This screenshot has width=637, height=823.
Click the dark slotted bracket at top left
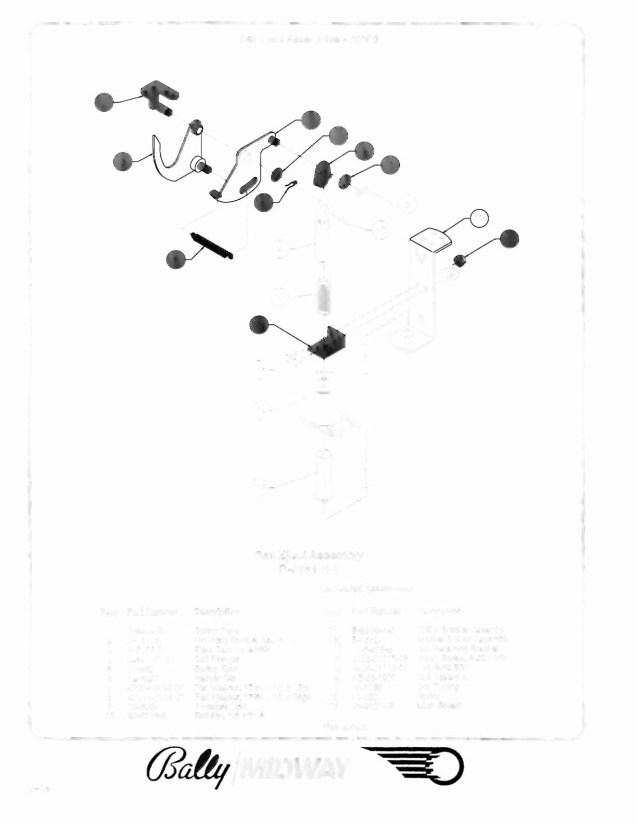pos(159,95)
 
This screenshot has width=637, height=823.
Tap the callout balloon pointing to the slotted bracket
pos(104,102)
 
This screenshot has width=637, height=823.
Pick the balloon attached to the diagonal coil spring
pos(175,259)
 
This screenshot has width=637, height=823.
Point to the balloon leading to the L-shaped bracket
pos(259,324)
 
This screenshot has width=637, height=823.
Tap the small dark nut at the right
pos(458,260)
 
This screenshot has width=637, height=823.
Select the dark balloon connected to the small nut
pos(509,238)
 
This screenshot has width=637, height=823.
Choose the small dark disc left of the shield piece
pos(279,173)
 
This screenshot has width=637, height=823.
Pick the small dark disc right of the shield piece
pos(343,182)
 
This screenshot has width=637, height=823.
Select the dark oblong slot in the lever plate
pos(248,185)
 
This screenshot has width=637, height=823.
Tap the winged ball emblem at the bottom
pos(412,766)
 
